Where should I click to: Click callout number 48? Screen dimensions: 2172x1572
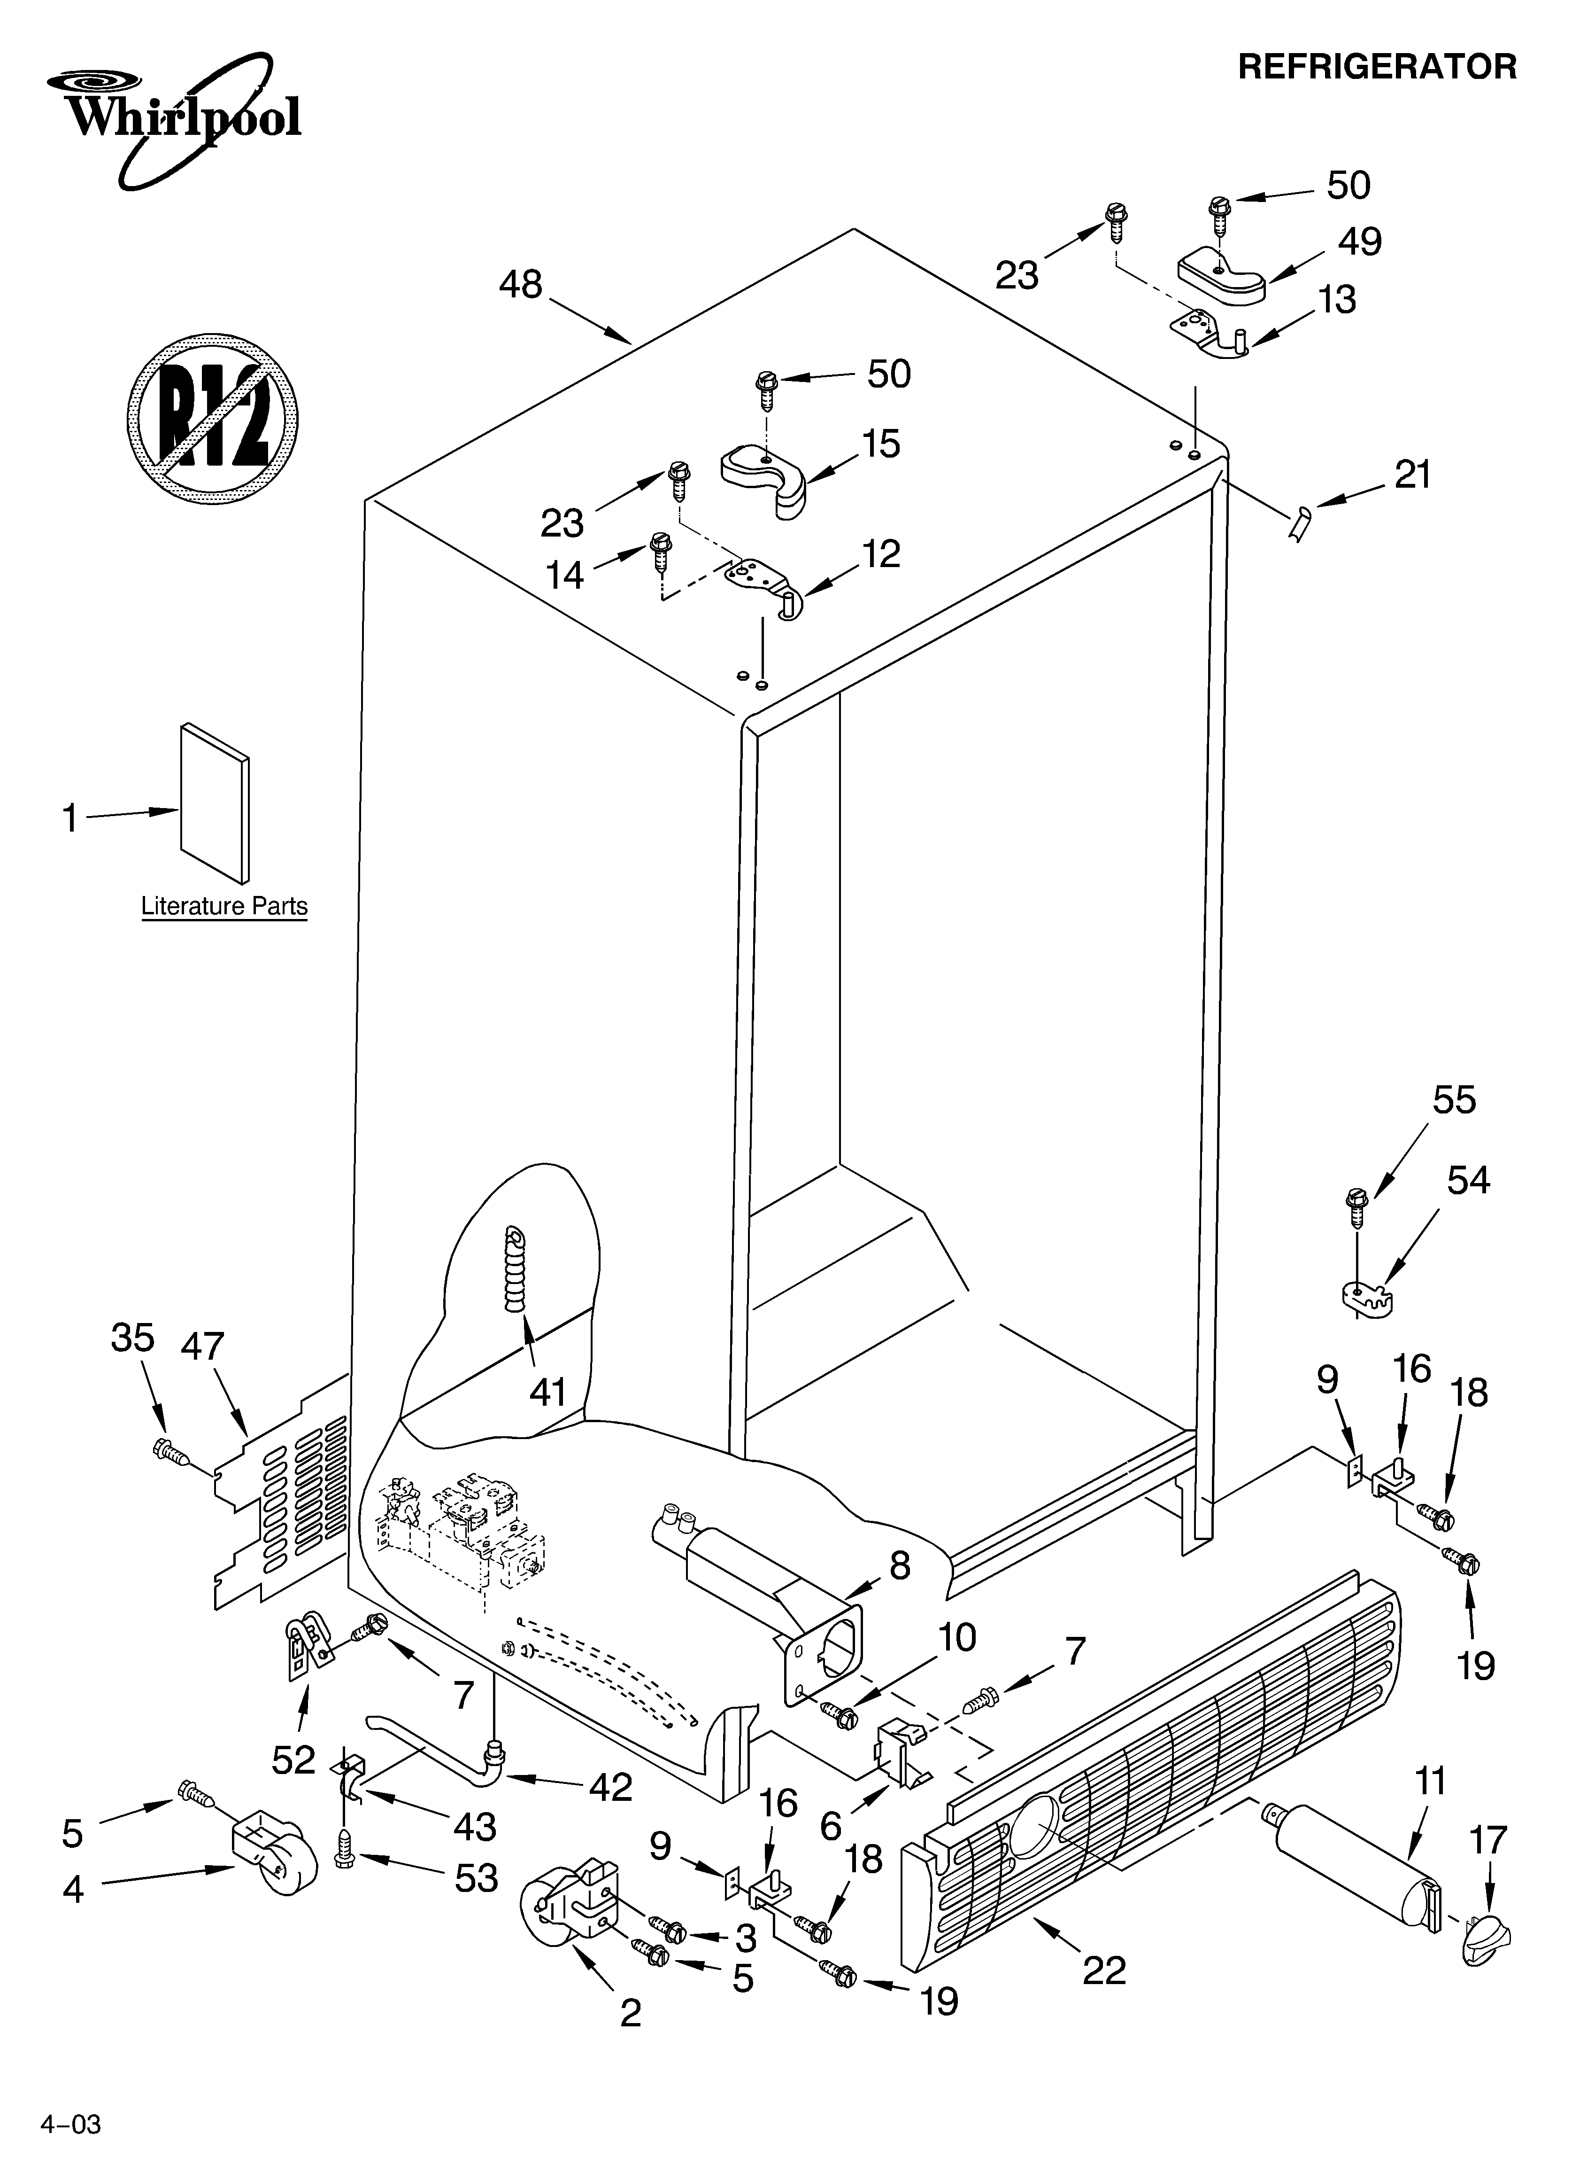521,284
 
